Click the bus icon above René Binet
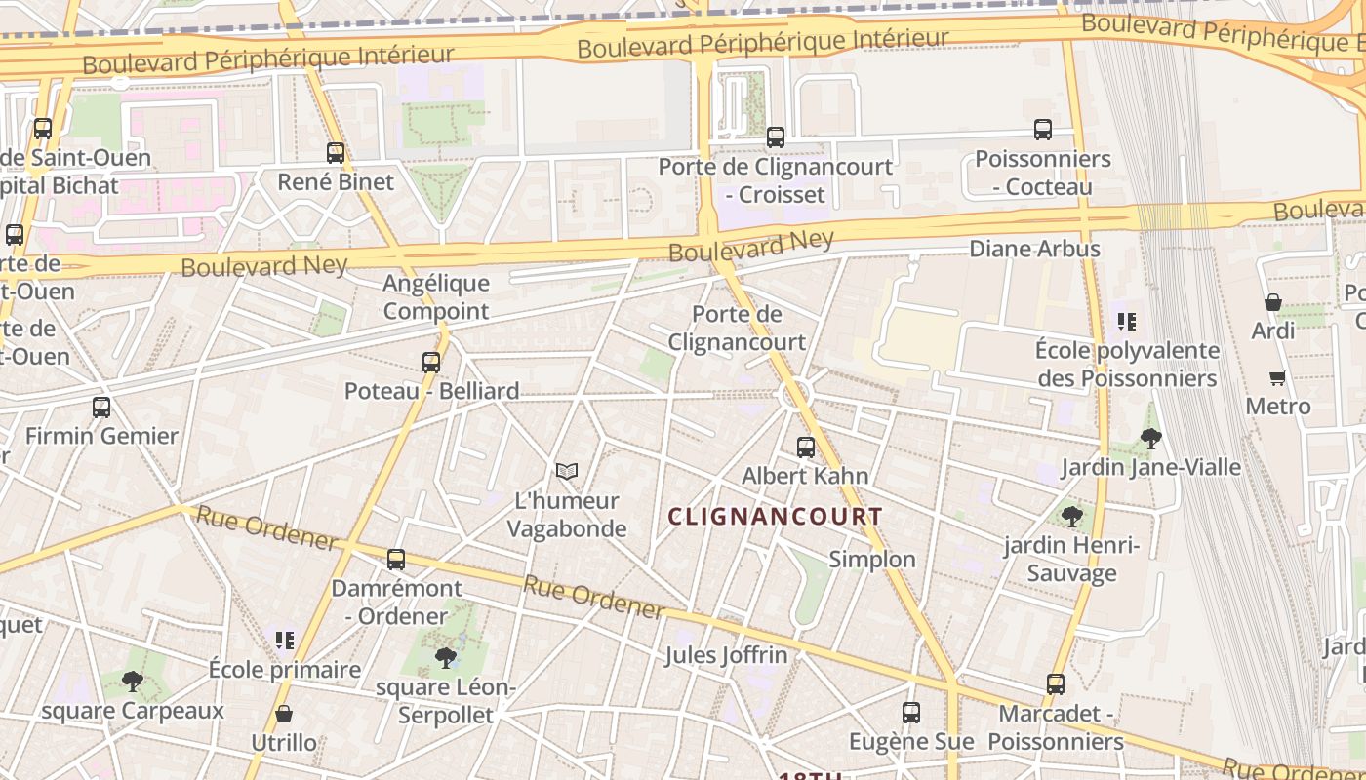(336, 153)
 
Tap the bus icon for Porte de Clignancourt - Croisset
(776, 137)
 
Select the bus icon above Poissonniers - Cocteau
(1043, 130)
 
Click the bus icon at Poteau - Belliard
(431, 363)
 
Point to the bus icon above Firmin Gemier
(101, 408)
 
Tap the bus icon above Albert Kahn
(806, 448)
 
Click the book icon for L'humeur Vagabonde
(567, 472)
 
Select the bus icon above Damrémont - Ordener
(396, 560)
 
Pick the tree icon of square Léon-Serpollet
(446, 658)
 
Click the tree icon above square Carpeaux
(133, 682)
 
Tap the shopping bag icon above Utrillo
(284, 714)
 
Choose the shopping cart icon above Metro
(1278, 377)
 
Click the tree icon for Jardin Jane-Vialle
(1151, 439)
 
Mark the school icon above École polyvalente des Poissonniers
(1128, 321)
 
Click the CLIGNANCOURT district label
(776, 517)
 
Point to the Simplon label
(872, 559)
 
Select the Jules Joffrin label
(726, 655)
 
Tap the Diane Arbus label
(1034, 249)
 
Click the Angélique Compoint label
(436, 297)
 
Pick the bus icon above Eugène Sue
(911, 713)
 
